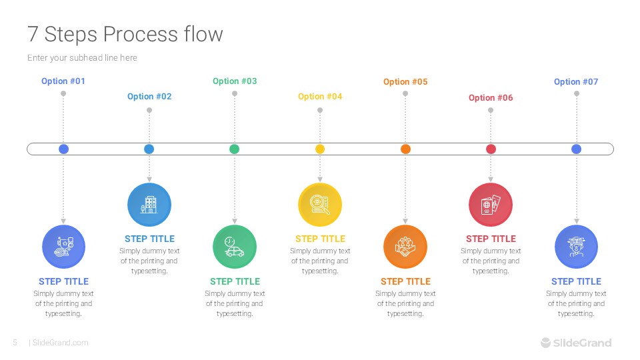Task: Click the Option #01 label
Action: tap(63, 81)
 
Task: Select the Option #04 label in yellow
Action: tap(320, 97)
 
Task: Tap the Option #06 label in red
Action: tap(491, 98)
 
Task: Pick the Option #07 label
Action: tap(576, 82)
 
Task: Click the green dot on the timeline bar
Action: tap(235, 149)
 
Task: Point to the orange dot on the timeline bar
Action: tap(405, 149)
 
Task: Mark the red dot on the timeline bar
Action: tap(491, 149)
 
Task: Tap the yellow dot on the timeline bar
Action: tap(320, 149)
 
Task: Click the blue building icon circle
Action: tap(149, 205)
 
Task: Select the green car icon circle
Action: tap(235, 247)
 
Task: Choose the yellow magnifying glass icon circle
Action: tap(320, 205)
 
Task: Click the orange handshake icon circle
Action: tap(405, 247)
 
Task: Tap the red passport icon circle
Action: tap(491, 205)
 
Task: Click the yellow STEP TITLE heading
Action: tap(320, 239)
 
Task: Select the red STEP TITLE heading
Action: tap(491, 239)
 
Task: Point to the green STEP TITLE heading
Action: tap(235, 281)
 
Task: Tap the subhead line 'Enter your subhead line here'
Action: tap(82, 58)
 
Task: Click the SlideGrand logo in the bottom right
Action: tap(575, 343)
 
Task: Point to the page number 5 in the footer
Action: tap(15, 343)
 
